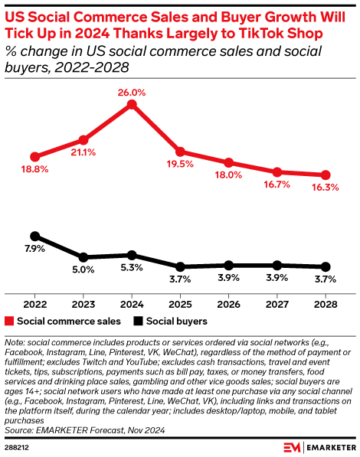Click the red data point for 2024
click(132, 104)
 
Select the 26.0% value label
click(132, 90)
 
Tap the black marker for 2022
click(34, 237)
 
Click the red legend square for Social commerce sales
click(9, 322)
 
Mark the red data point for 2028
click(326, 175)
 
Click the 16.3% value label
click(326, 188)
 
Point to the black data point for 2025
click(180, 266)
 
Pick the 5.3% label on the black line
click(132, 268)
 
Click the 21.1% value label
click(83, 152)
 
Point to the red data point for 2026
click(228, 162)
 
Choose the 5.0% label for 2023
click(83, 269)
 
